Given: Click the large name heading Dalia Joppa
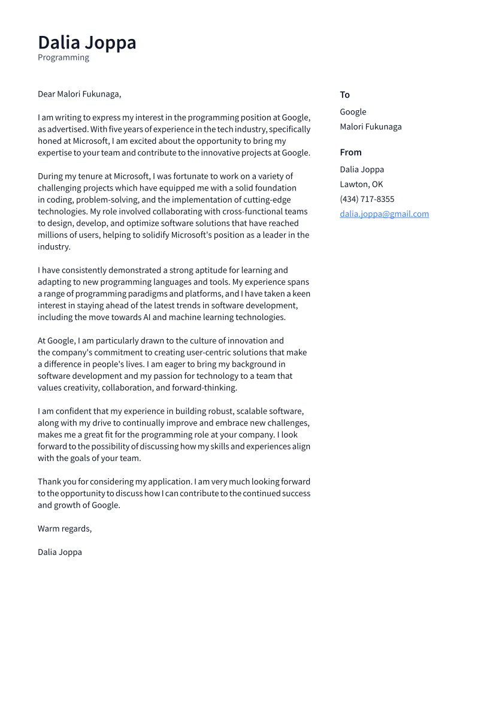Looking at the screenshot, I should (x=87, y=43).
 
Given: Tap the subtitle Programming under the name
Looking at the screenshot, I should (x=63, y=58).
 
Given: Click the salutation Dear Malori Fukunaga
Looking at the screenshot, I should (x=79, y=94).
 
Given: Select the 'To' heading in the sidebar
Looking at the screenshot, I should (x=344, y=95).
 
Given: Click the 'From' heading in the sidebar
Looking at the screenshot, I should (x=350, y=152).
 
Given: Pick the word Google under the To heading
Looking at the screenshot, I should (x=353, y=112).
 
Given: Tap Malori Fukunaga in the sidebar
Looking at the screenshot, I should (x=371, y=126).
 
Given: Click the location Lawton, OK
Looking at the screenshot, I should (x=361, y=184).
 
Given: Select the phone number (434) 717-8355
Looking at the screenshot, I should (x=367, y=199).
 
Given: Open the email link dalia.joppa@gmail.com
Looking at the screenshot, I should (x=384, y=214).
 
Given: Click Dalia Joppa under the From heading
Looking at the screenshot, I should (x=362, y=170).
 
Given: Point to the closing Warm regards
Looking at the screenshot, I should (x=65, y=529).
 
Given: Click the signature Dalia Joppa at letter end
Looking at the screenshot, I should (x=60, y=552).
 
